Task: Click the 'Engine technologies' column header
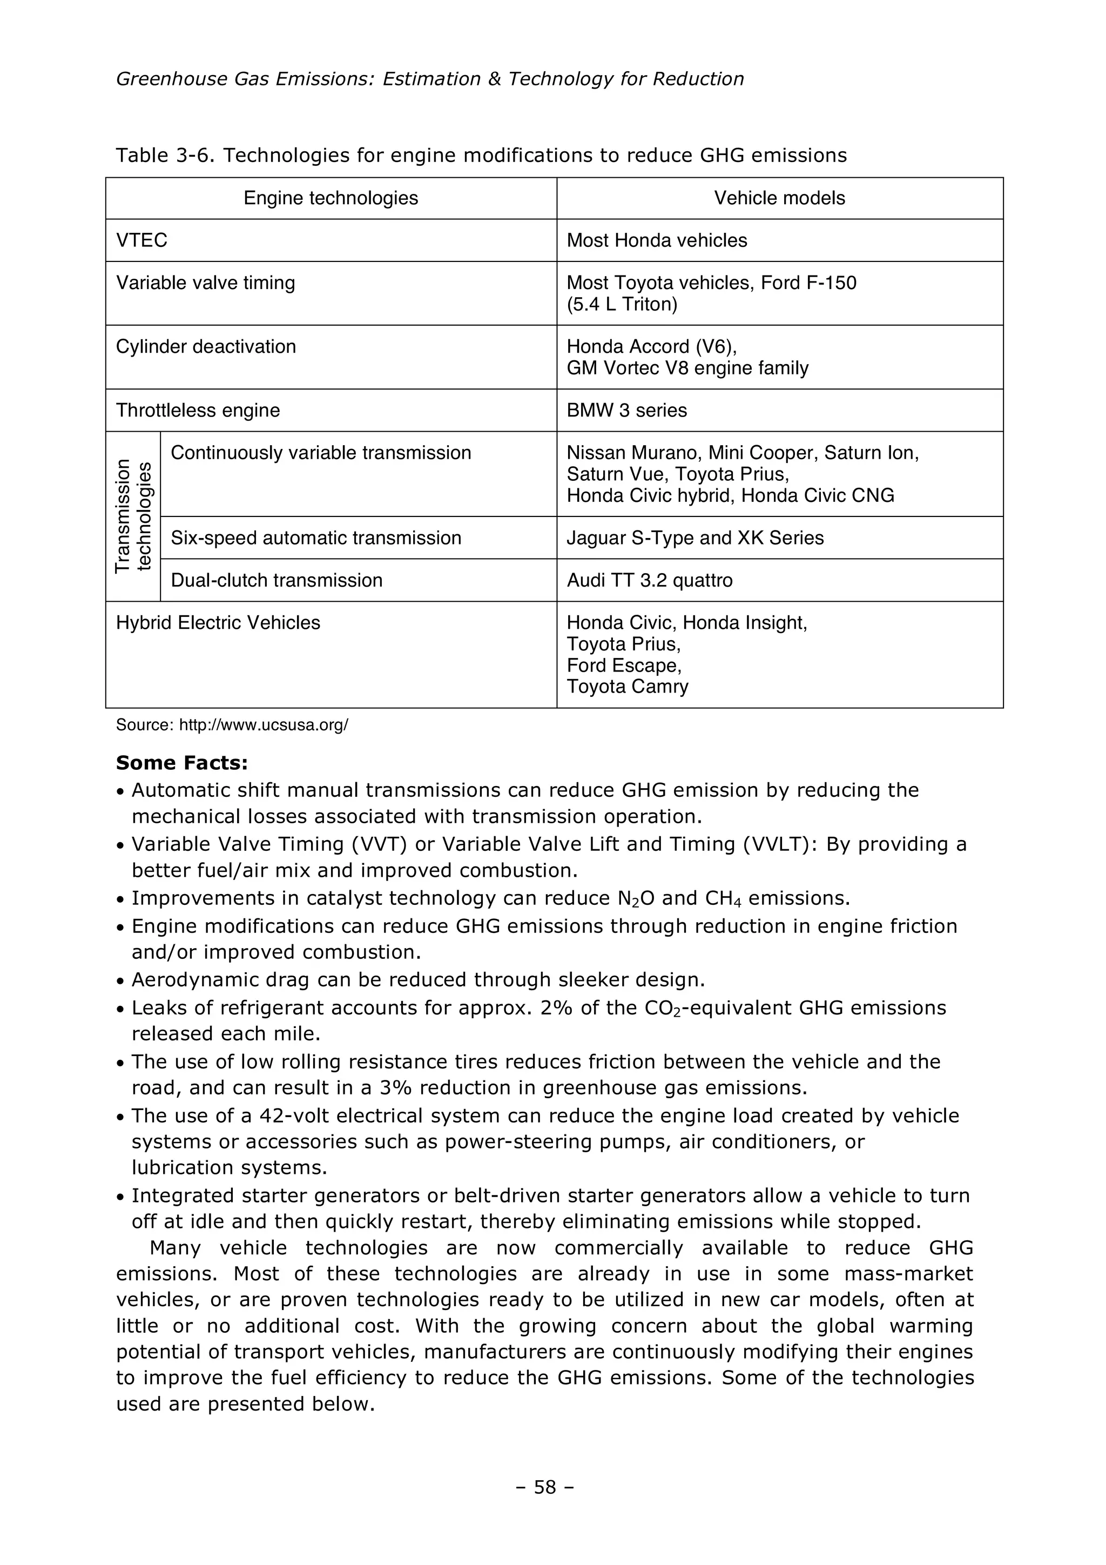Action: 331,198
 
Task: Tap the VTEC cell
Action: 141,240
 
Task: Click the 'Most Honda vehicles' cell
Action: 657,240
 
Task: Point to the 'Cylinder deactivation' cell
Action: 206,347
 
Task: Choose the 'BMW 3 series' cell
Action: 627,411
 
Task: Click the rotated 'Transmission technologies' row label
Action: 133,516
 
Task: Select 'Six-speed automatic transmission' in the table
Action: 315,538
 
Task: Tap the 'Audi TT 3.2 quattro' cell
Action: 650,580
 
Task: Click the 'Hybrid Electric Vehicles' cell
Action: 218,623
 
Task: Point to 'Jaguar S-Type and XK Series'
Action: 695,538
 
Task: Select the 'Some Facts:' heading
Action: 182,763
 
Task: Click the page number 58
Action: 545,1487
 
